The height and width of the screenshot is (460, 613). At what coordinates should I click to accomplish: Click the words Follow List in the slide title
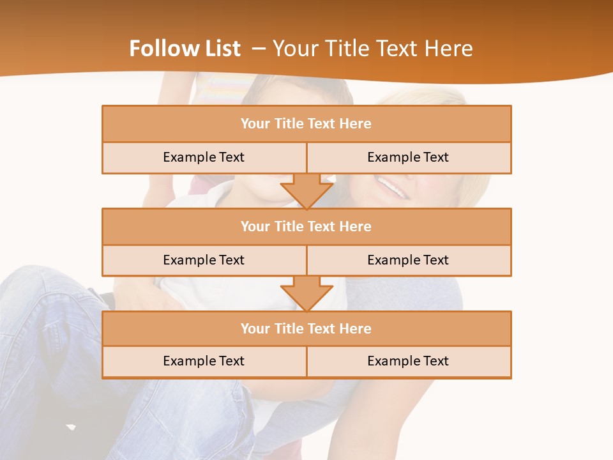(x=185, y=49)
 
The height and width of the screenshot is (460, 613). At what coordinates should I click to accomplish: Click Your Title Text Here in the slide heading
(x=373, y=49)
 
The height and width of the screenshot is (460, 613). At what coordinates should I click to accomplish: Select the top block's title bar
(x=306, y=124)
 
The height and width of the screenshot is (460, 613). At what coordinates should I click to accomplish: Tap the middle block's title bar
(x=306, y=227)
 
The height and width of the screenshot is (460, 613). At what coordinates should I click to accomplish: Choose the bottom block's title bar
(x=306, y=329)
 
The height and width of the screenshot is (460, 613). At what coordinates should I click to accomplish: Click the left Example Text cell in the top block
(x=204, y=158)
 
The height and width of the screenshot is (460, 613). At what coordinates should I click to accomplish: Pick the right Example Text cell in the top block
(x=408, y=158)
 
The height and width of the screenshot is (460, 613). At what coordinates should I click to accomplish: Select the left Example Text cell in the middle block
(x=204, y=261)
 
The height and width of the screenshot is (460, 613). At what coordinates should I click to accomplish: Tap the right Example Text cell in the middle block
(x=408, y=261)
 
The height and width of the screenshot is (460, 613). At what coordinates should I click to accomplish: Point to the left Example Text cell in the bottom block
(x=204, y=362)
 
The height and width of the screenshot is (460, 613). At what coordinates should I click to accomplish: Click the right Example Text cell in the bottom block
(x=408, y=362)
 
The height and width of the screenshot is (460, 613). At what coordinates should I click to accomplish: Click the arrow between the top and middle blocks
(x=306, y=191)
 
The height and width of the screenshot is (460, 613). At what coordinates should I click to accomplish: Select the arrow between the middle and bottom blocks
(x=306, y=293)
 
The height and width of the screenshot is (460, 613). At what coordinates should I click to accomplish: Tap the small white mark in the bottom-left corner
(x=71, y=426)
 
